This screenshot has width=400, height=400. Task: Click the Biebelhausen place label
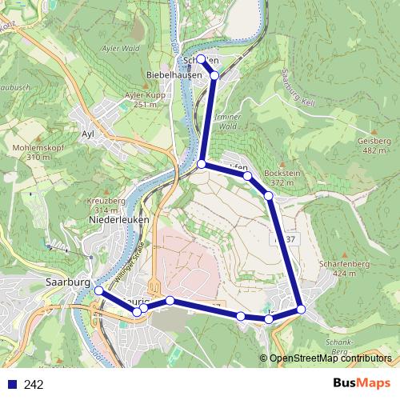[x=174, y=74]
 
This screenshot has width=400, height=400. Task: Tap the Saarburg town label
[x=67, y=283]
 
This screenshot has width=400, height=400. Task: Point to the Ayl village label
[x=88, y=134]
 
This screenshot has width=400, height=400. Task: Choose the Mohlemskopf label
[x=38, y=147]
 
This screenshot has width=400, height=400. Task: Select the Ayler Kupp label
[x=140, y=95]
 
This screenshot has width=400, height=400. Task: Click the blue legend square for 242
[x=10, y=385]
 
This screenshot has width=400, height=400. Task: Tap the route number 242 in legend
[x=34, y=385]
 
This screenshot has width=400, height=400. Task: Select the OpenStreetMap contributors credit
[x=331, y=358]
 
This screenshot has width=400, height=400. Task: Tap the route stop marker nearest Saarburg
[x=99, y=291]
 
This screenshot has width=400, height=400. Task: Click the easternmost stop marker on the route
[x=301, y=309]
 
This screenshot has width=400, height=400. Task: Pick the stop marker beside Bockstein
[x=269, y=195]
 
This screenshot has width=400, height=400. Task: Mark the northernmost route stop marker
[x=201, y=59]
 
